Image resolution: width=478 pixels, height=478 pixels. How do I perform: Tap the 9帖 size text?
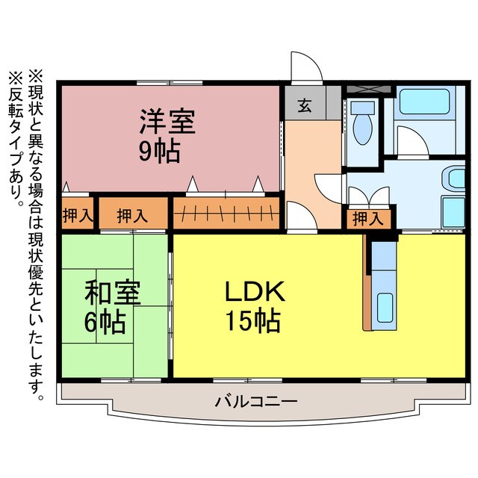158,151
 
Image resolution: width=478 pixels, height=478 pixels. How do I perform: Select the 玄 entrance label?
305,106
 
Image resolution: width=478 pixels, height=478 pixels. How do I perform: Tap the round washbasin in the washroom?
453,179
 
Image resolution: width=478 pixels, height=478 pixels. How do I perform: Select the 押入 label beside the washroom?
367,218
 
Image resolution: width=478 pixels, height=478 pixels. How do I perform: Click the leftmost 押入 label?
78,217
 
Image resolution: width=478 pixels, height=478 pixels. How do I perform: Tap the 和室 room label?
111,294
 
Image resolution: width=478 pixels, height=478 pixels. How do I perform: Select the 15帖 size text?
254,321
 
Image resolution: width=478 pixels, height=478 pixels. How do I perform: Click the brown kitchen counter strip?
367,284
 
